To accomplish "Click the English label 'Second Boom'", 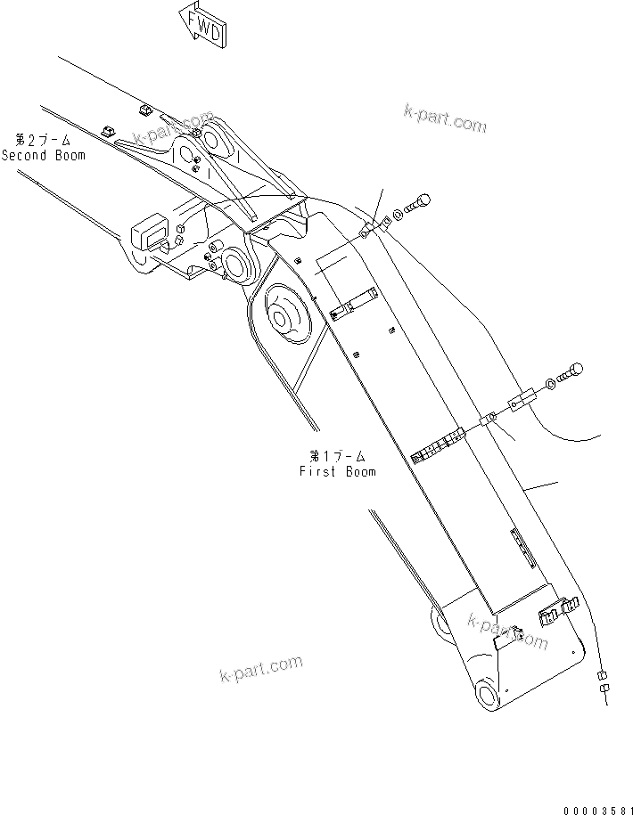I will coord(44,155).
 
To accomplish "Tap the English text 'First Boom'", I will coord(338,472).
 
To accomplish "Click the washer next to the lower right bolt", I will coord(552,384).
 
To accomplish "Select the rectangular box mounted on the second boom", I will coord(149,233).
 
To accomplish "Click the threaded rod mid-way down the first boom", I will coord(440,444).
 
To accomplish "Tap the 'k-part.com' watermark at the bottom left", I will coord(261,669).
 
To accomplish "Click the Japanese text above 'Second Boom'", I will coord(42,141).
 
